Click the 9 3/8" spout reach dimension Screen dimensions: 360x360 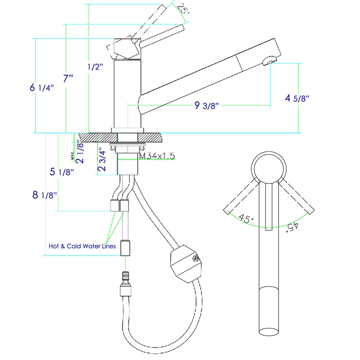(207, 106)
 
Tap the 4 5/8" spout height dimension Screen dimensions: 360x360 (297, 98)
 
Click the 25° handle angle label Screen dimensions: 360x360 (182, 9)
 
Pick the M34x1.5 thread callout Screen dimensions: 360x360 (157, 156)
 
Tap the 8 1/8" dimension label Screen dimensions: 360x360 (44, 195)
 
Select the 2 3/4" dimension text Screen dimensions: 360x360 (102, 159)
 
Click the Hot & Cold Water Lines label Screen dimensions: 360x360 (82, 246)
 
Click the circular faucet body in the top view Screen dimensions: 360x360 (269, 167)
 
